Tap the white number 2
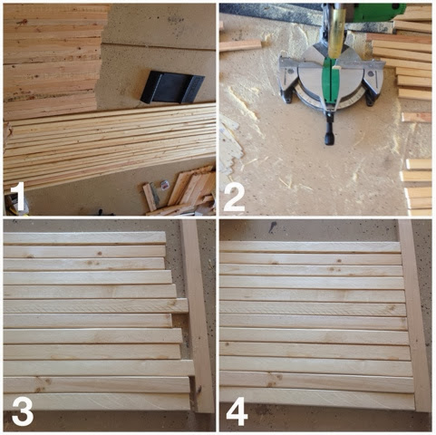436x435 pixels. tap(234, 197)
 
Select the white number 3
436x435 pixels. tap(23, 411)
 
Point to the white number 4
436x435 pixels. tap(237, 411)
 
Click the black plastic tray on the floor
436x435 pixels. tap(172, 88)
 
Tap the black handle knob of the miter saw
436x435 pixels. tap(329, 138)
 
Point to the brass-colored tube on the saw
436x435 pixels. tap(336, 34)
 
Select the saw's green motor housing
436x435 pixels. tap(378, 13)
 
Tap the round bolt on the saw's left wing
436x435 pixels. tap(290, 72)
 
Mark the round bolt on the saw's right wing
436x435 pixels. tap(371, 73)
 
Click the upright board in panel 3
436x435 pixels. tap(198, 315)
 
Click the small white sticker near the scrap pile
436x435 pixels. tap(164, 186)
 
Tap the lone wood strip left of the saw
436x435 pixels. tap(240, 45)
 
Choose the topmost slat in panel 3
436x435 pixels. tap(84, 237)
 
